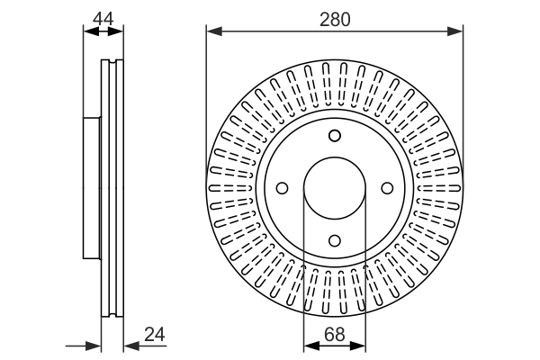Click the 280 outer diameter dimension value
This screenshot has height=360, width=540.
coord(335,18)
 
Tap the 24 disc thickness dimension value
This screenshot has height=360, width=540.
coord(156,335)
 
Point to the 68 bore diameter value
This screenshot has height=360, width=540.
coord(335,335)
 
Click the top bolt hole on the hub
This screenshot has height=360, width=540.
coord(335,136)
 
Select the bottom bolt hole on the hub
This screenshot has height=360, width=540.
coord(335,240)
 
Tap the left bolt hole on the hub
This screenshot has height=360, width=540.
coord(283,188)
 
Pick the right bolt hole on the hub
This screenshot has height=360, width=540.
coord(387,188)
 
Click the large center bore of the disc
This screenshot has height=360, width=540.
coord(335,188)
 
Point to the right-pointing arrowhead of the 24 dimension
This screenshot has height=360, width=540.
coord(94,346)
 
